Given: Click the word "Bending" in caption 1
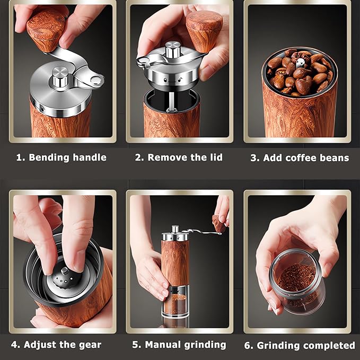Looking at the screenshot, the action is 49,157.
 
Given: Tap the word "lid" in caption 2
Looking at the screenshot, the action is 216,157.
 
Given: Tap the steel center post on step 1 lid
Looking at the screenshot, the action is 60,77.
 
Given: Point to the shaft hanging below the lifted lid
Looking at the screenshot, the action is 172,101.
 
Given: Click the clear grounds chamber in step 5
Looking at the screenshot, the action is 175,301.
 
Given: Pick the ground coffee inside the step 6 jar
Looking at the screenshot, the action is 296,278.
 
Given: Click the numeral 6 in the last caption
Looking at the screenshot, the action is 247,345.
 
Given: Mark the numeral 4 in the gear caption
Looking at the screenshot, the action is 14,345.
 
